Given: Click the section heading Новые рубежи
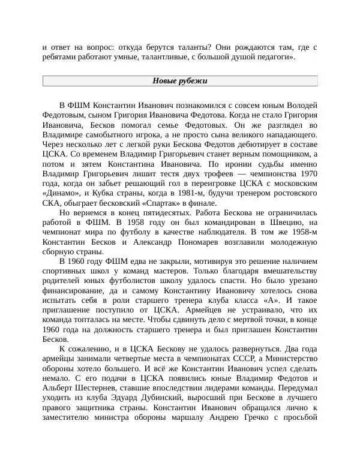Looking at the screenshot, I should click(179, 81).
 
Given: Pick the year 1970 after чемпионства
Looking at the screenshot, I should click(306, 173).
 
